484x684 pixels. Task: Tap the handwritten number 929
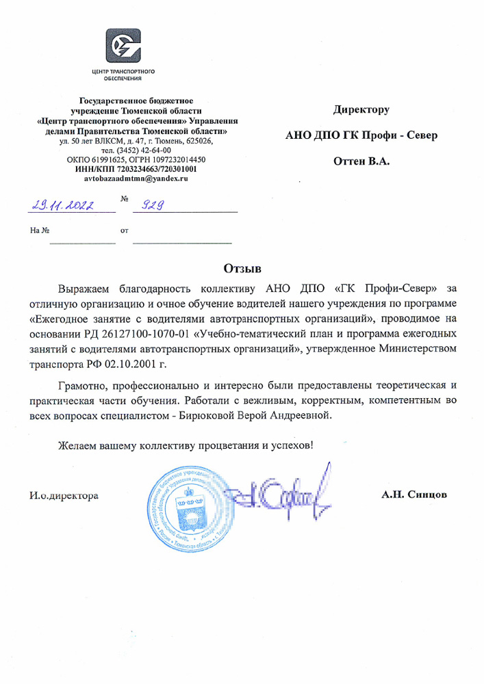click(x=155, y=204)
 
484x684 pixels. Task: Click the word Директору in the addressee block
click(x=361, y=109)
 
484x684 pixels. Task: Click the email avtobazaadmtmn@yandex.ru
click(x=135, y=178)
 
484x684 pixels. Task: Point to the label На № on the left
click(x=40, y=231)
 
